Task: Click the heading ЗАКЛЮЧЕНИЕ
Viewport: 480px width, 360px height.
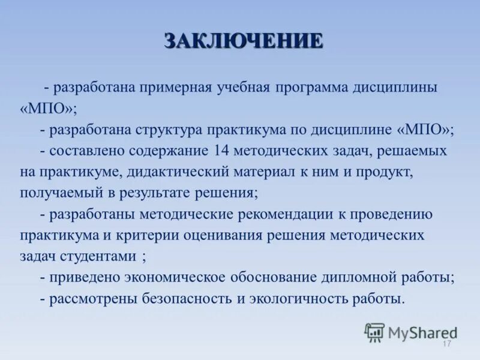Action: (244, 41)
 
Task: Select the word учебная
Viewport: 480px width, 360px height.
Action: (244, 88)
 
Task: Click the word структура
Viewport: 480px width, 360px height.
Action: (172, 130)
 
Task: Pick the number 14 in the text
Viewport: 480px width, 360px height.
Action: (219, 151)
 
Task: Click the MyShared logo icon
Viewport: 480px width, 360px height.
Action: (374, 332)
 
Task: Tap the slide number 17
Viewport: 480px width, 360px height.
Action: (446, 344)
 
